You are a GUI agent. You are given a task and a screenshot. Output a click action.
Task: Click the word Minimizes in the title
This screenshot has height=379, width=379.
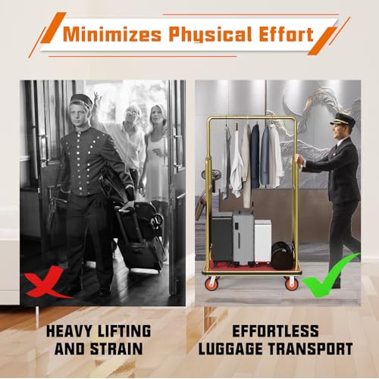[112, 34]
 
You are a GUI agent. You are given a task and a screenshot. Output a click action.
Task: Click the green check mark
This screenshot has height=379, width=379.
[329, 274]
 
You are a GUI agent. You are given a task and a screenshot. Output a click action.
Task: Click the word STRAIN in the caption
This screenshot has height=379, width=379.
[117, 349]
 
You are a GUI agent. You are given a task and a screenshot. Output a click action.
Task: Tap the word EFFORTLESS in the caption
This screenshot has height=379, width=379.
[275, 331]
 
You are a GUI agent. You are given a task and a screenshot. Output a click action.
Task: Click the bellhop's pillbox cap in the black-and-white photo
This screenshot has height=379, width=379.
[81, 99]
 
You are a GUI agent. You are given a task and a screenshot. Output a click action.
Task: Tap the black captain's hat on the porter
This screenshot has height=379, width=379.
[343, 119]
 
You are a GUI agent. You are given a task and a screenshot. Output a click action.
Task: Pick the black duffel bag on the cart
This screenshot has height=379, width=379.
[283, 255]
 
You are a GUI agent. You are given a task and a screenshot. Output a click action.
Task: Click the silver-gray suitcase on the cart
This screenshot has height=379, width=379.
[243, 238]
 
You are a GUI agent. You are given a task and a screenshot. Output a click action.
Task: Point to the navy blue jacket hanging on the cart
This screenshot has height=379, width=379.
[255, 155]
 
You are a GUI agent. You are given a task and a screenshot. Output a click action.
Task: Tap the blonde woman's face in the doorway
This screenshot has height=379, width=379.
[155, 115]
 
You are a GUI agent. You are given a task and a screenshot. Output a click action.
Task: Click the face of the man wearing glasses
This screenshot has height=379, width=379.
[131, 113]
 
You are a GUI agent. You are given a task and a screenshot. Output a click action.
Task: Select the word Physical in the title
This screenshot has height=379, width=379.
[210, 35]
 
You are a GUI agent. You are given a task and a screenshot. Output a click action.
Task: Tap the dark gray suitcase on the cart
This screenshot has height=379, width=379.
[222, 237]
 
